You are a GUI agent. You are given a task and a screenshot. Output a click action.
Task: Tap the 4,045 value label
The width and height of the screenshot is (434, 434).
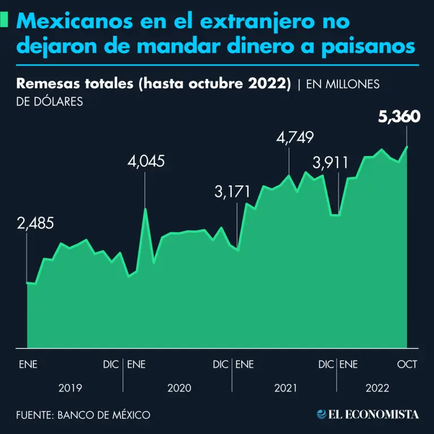point(146,162)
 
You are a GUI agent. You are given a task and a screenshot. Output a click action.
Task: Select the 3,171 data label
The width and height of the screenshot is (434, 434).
point(232,192)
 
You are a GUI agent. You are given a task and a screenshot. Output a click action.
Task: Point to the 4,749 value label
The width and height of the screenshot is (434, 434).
point(295,138)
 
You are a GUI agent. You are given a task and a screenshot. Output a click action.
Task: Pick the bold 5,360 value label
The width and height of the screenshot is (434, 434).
point(398,117)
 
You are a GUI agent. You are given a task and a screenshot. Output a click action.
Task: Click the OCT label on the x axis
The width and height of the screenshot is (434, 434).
point(407,364)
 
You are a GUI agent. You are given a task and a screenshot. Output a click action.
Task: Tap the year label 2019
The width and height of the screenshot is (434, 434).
point(70,388)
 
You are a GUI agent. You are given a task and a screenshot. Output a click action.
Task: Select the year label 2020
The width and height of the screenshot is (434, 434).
point(179,388)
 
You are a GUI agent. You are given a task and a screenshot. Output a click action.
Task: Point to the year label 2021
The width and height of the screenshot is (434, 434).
point(286,388)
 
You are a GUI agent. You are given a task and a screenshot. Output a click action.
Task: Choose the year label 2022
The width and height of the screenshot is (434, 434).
point(377,388)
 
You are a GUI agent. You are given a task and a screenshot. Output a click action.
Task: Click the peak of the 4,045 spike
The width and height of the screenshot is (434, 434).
point(145,209)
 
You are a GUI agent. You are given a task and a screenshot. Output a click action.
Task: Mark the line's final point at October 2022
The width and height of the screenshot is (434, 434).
point(407,146)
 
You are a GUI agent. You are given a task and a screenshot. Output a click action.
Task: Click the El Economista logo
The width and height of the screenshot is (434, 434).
point(368,414)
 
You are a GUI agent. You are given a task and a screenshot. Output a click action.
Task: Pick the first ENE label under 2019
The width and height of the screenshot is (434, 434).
point(28,364)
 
